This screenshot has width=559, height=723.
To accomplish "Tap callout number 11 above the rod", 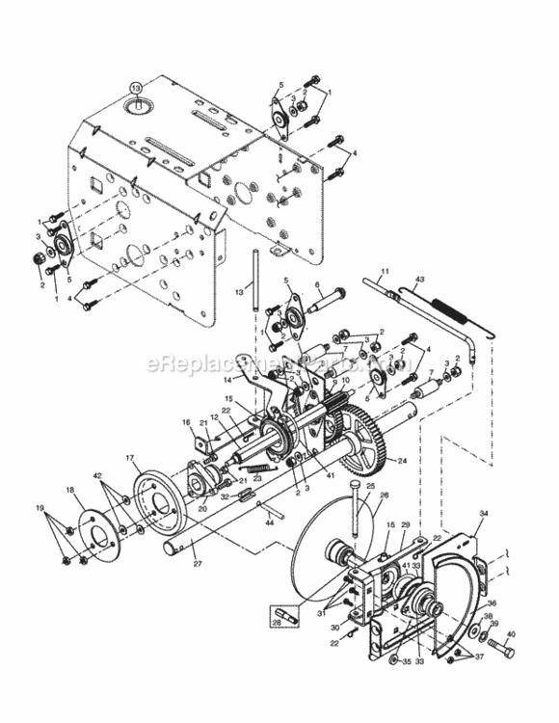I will coord(384,271).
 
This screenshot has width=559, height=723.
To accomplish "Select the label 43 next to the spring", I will coord(419,280).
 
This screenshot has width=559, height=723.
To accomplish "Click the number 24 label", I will coord(403,461).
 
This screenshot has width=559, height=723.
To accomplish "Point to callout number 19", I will coord(39,506).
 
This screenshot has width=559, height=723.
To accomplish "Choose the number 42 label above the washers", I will coord(97,475).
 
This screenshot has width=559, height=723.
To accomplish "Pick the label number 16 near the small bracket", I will coord(186,422).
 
